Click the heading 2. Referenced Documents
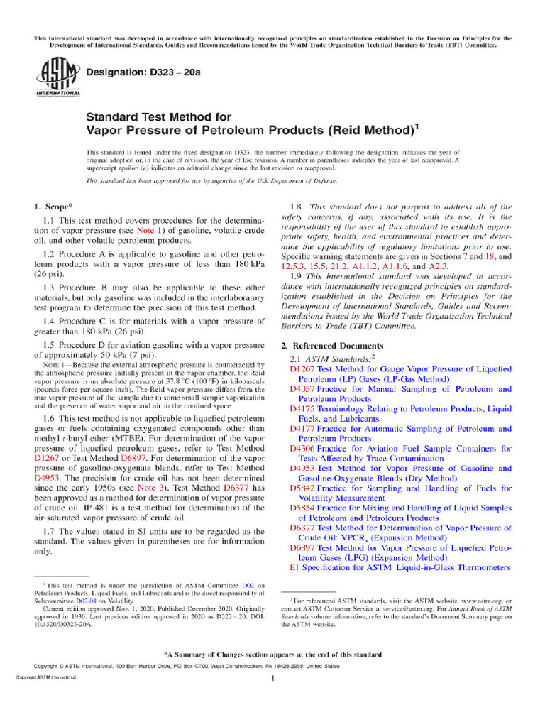click(x=333, y=346)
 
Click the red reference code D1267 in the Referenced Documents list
click(x=303, y=369)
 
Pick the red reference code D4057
click(x=303, y=389)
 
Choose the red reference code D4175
click(x=303, y=409)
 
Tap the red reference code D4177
click(x=303, y=429)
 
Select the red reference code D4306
click(x=303, y=449)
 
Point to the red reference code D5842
click(x=303, y=488)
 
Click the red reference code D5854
click(x=303, y=508)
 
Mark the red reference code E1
click(x=295, y=568)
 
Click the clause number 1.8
click(x=298, y=207)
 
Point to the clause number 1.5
click(x=50, y=345)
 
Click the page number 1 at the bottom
click(x=272, y=679)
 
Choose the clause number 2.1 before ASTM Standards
click(x=297, y=360)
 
